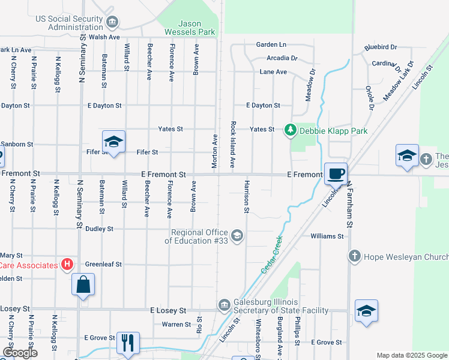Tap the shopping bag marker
click(83, 285)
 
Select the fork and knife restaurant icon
click(128, 343)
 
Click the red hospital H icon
click(67, 265)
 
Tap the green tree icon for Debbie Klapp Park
click(291, 130)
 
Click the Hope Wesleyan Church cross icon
click(354, 256)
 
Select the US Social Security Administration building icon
click(112, 22)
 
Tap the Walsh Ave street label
click(106, 37)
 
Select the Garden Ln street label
click(271, 45)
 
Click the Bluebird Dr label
click(381, 47)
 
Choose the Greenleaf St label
click(103, 264)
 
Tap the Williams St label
click(327, 236)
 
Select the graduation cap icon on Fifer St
click(113, 142)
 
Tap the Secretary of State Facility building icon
click(224, 305)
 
